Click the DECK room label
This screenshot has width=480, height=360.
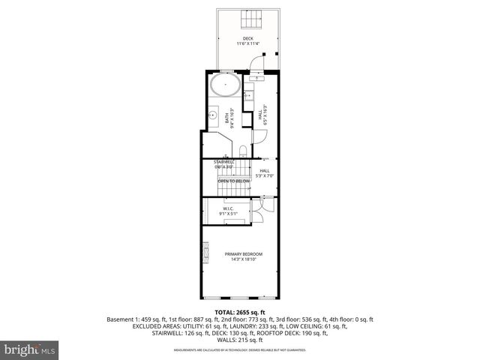tap(247, 38)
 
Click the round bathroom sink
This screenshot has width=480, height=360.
tap(212, 116)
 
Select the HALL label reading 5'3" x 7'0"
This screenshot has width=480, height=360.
tap(265, 173)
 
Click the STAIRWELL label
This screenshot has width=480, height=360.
tap(225, 162)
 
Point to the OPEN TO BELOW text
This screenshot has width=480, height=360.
tap(233, 181)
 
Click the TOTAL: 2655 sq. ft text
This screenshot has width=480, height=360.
tap(239, 311)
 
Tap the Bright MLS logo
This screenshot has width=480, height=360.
tap(29, 349)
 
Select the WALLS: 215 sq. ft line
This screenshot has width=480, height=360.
tap(239, 340)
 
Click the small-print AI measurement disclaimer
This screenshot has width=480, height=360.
tap(239, 350)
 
